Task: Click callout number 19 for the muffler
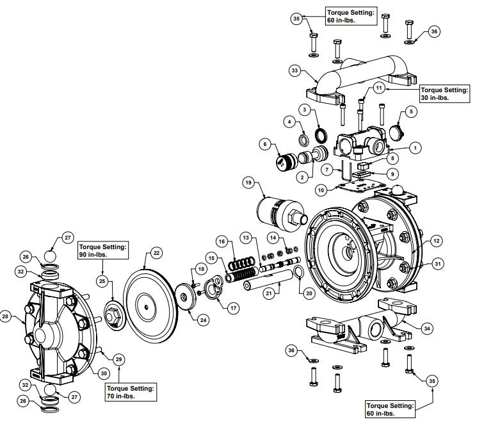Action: (248, 183)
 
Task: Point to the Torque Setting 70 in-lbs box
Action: (131, 391)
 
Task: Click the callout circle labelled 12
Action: (435, 241)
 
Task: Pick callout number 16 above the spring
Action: (222, 241)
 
